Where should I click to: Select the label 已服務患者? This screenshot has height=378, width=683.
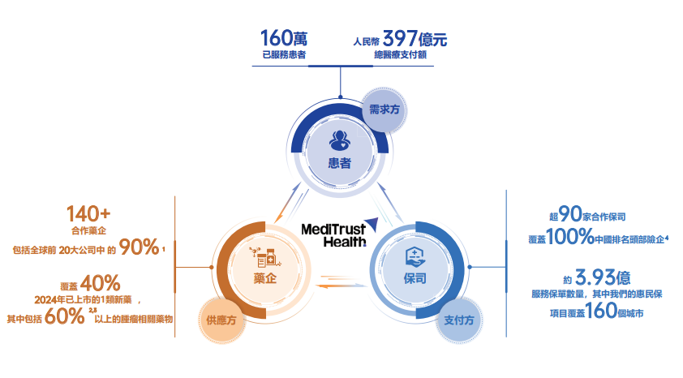[285, 55]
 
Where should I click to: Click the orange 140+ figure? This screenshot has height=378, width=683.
[88, 214]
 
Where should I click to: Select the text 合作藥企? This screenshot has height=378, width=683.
[89, 230]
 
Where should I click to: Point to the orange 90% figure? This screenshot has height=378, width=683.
[139, 247]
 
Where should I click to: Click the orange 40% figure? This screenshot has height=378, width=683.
[101, 283]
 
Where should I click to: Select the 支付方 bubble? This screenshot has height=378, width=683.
[459, 320]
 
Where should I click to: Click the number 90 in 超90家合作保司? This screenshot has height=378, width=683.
[570, 215]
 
